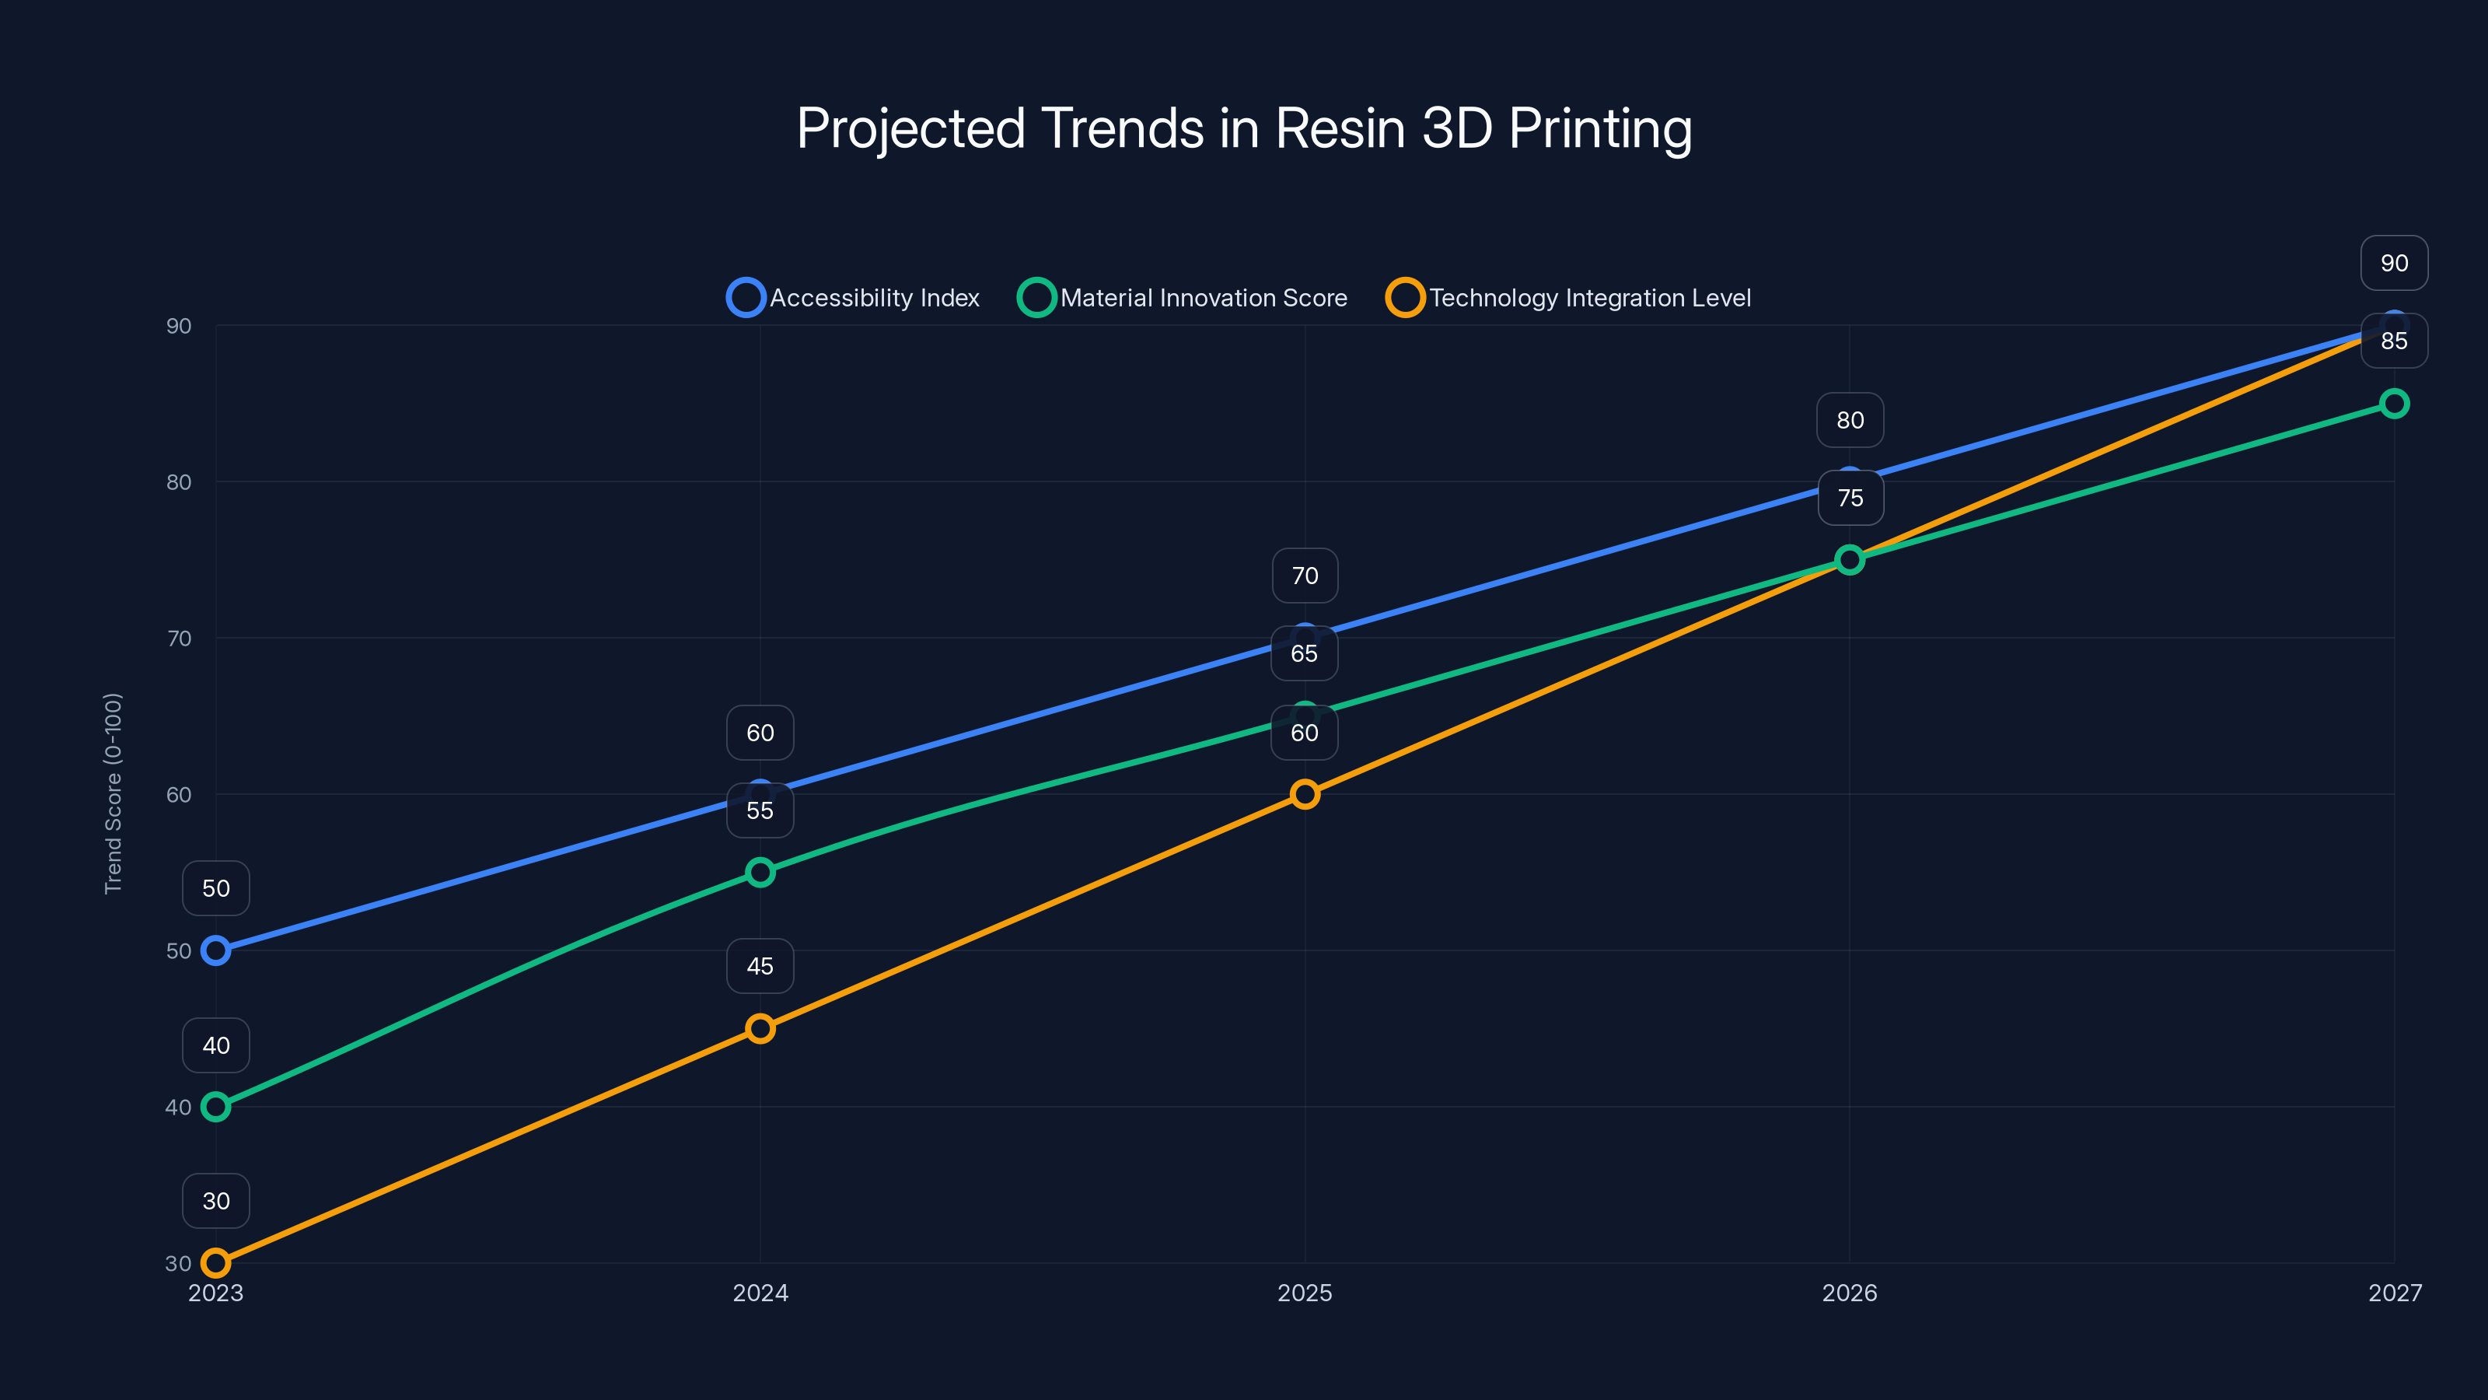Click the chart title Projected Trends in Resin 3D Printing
pos(1244,128)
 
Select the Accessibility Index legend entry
pos(854,298)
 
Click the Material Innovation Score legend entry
pos(1183,298)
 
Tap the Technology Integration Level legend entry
pos(1570,298)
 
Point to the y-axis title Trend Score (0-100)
pos(113,793)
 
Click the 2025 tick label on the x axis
pos(1304,1293)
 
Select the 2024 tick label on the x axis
pos(760,1293)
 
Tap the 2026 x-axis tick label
pos(1849,1293)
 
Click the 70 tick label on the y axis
pos(179,639)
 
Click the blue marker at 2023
pos(215,950)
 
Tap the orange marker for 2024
pos(760,1029)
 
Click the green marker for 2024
pos(760,873)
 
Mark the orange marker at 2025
pos(1304,794)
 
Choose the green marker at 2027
pos(2393,404)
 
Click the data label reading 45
pos(760,966)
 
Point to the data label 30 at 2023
pos(215,1201)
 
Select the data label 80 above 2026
pos(1850,420)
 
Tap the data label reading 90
pos(2393,263)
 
